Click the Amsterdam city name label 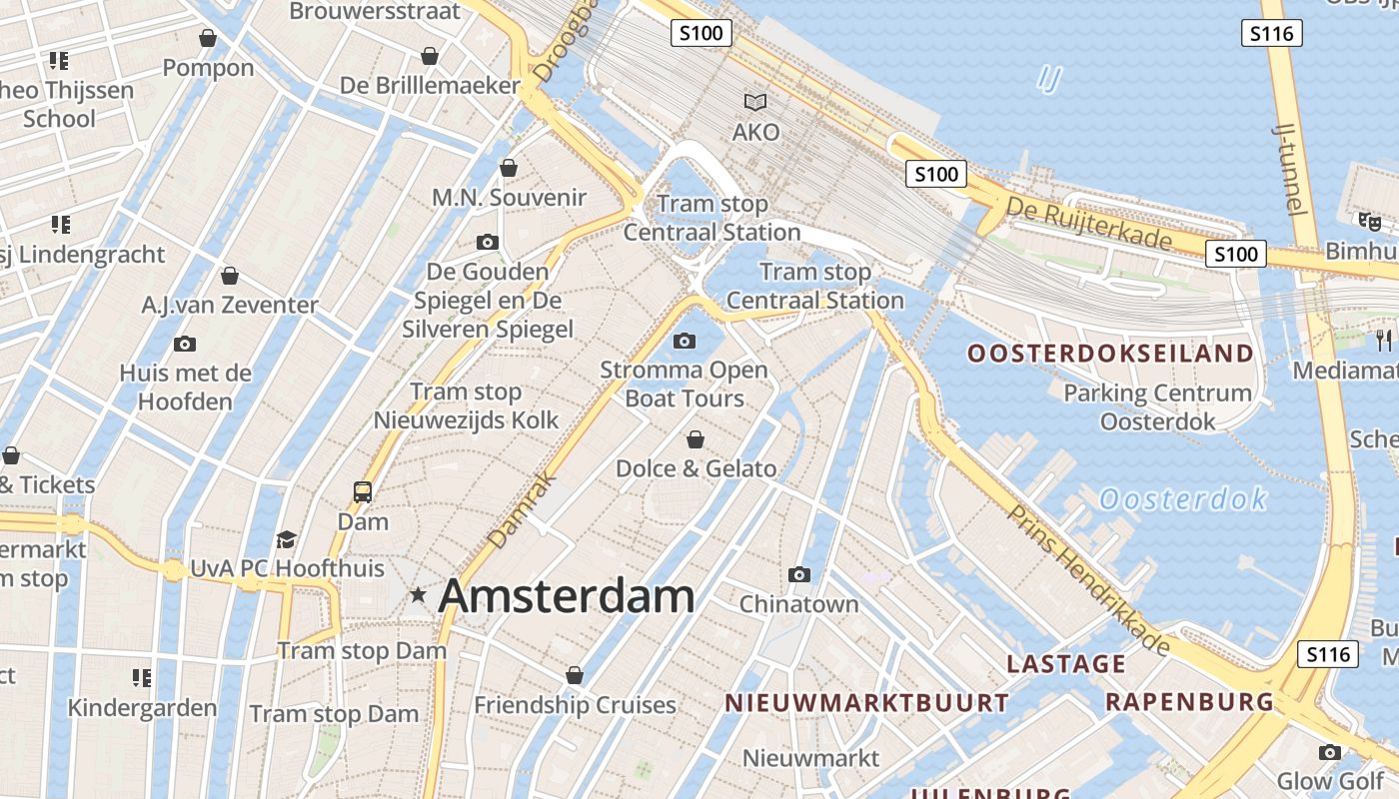click(x=566, y=596)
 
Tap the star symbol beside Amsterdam click(x=418, y=595)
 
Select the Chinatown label click(x=798, y=604)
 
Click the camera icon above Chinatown click(x=798, y=574)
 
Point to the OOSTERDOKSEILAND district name click(x=1109, y=354)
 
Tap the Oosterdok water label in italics click(x=1183, y=498)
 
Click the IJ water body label click(x=1048, y=79)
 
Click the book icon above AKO click(x=755, y=102)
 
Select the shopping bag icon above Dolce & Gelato click(x=696, y=439)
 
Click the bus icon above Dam click(x=362, y=491)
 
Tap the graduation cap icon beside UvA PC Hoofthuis click(x=287, y=539)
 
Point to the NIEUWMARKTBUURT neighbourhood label click(x=866, y=703)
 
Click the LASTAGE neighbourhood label click(x=1065, y=664)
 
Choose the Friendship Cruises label click(x=575, y=705)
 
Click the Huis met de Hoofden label click(x=185, y=388)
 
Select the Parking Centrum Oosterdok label click(x=1157, y=407)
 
